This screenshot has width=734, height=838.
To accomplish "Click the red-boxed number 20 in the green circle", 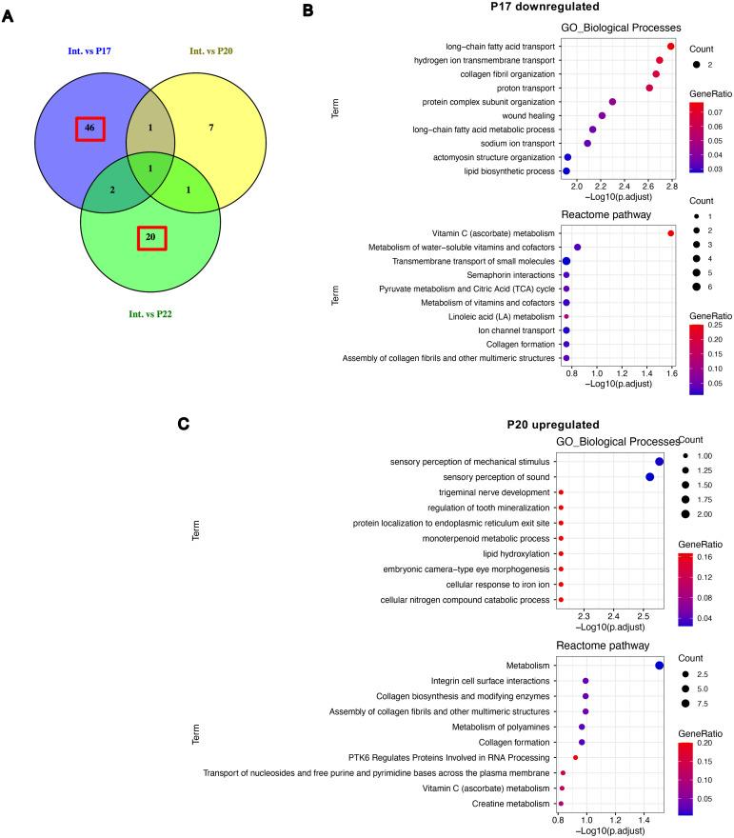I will click(x=150, y=235).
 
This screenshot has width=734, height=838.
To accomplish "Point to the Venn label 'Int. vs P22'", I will click(x=149, y=313).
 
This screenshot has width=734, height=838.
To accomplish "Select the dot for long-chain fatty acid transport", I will click(x=671, y=46).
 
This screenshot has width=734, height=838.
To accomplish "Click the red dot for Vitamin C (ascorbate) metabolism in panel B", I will click(x=671, y=233).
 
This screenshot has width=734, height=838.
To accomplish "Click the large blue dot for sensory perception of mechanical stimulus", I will click(x=659, y=462).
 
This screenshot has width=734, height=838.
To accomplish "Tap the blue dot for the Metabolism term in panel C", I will click(x=660, y=666).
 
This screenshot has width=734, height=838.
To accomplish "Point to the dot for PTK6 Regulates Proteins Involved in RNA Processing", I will click(x=575, y=757).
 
